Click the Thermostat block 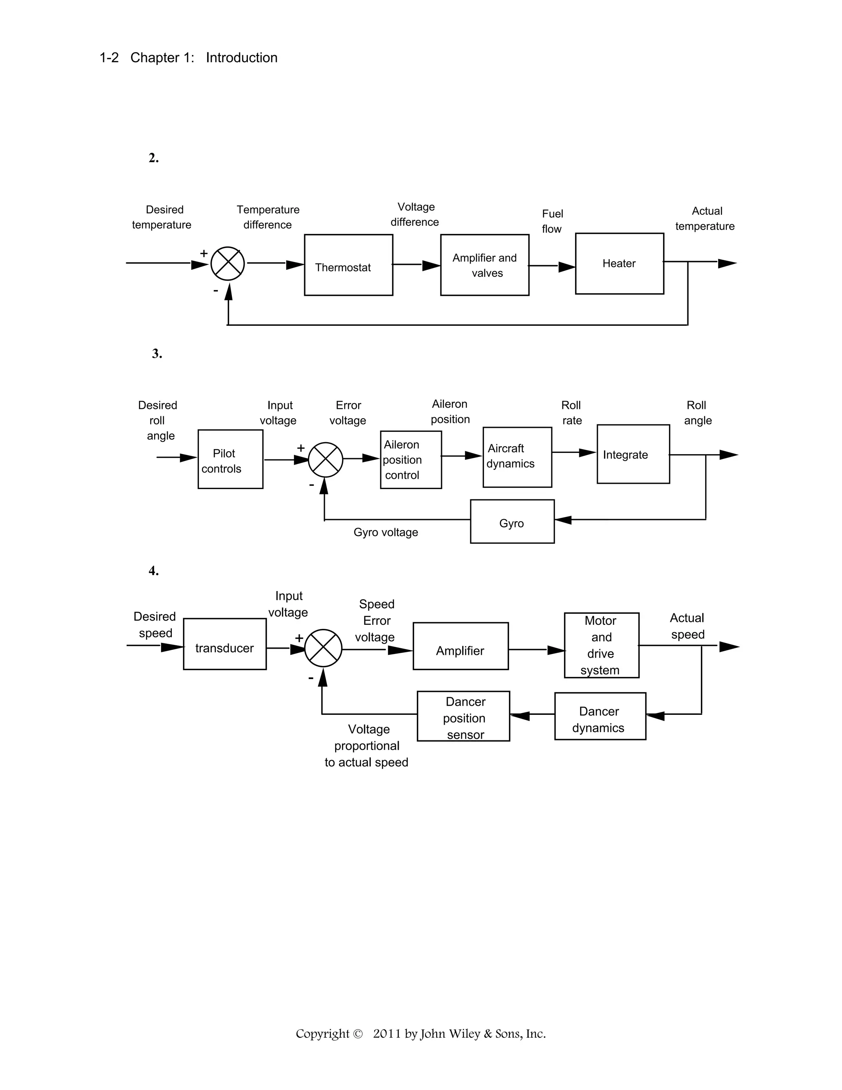[348, 265]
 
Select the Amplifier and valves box [484, 265]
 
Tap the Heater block [619, 264]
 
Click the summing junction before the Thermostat [227, 264]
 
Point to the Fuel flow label [552, 221]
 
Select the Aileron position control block [411, 460]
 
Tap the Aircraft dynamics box [517, 457]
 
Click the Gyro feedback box [512, 522]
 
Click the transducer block [224, 644]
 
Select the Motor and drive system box [601, 645]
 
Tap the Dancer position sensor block [463, 716]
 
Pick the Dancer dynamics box [599, 716]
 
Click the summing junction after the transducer [323, 648]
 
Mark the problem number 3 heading [157, 354]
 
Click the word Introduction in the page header [241, 58]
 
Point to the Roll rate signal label [571, 413]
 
